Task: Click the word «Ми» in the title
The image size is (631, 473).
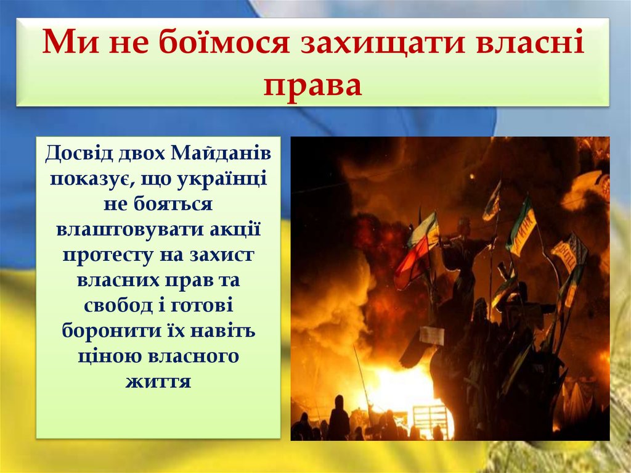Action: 65,46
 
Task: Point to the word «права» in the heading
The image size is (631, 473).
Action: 313,84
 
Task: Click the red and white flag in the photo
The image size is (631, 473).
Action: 417,250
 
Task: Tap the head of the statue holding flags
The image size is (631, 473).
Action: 463,225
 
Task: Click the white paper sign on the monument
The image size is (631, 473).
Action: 432,335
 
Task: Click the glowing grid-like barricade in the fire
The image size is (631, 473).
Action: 431,419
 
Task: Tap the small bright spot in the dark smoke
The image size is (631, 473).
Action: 471,176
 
